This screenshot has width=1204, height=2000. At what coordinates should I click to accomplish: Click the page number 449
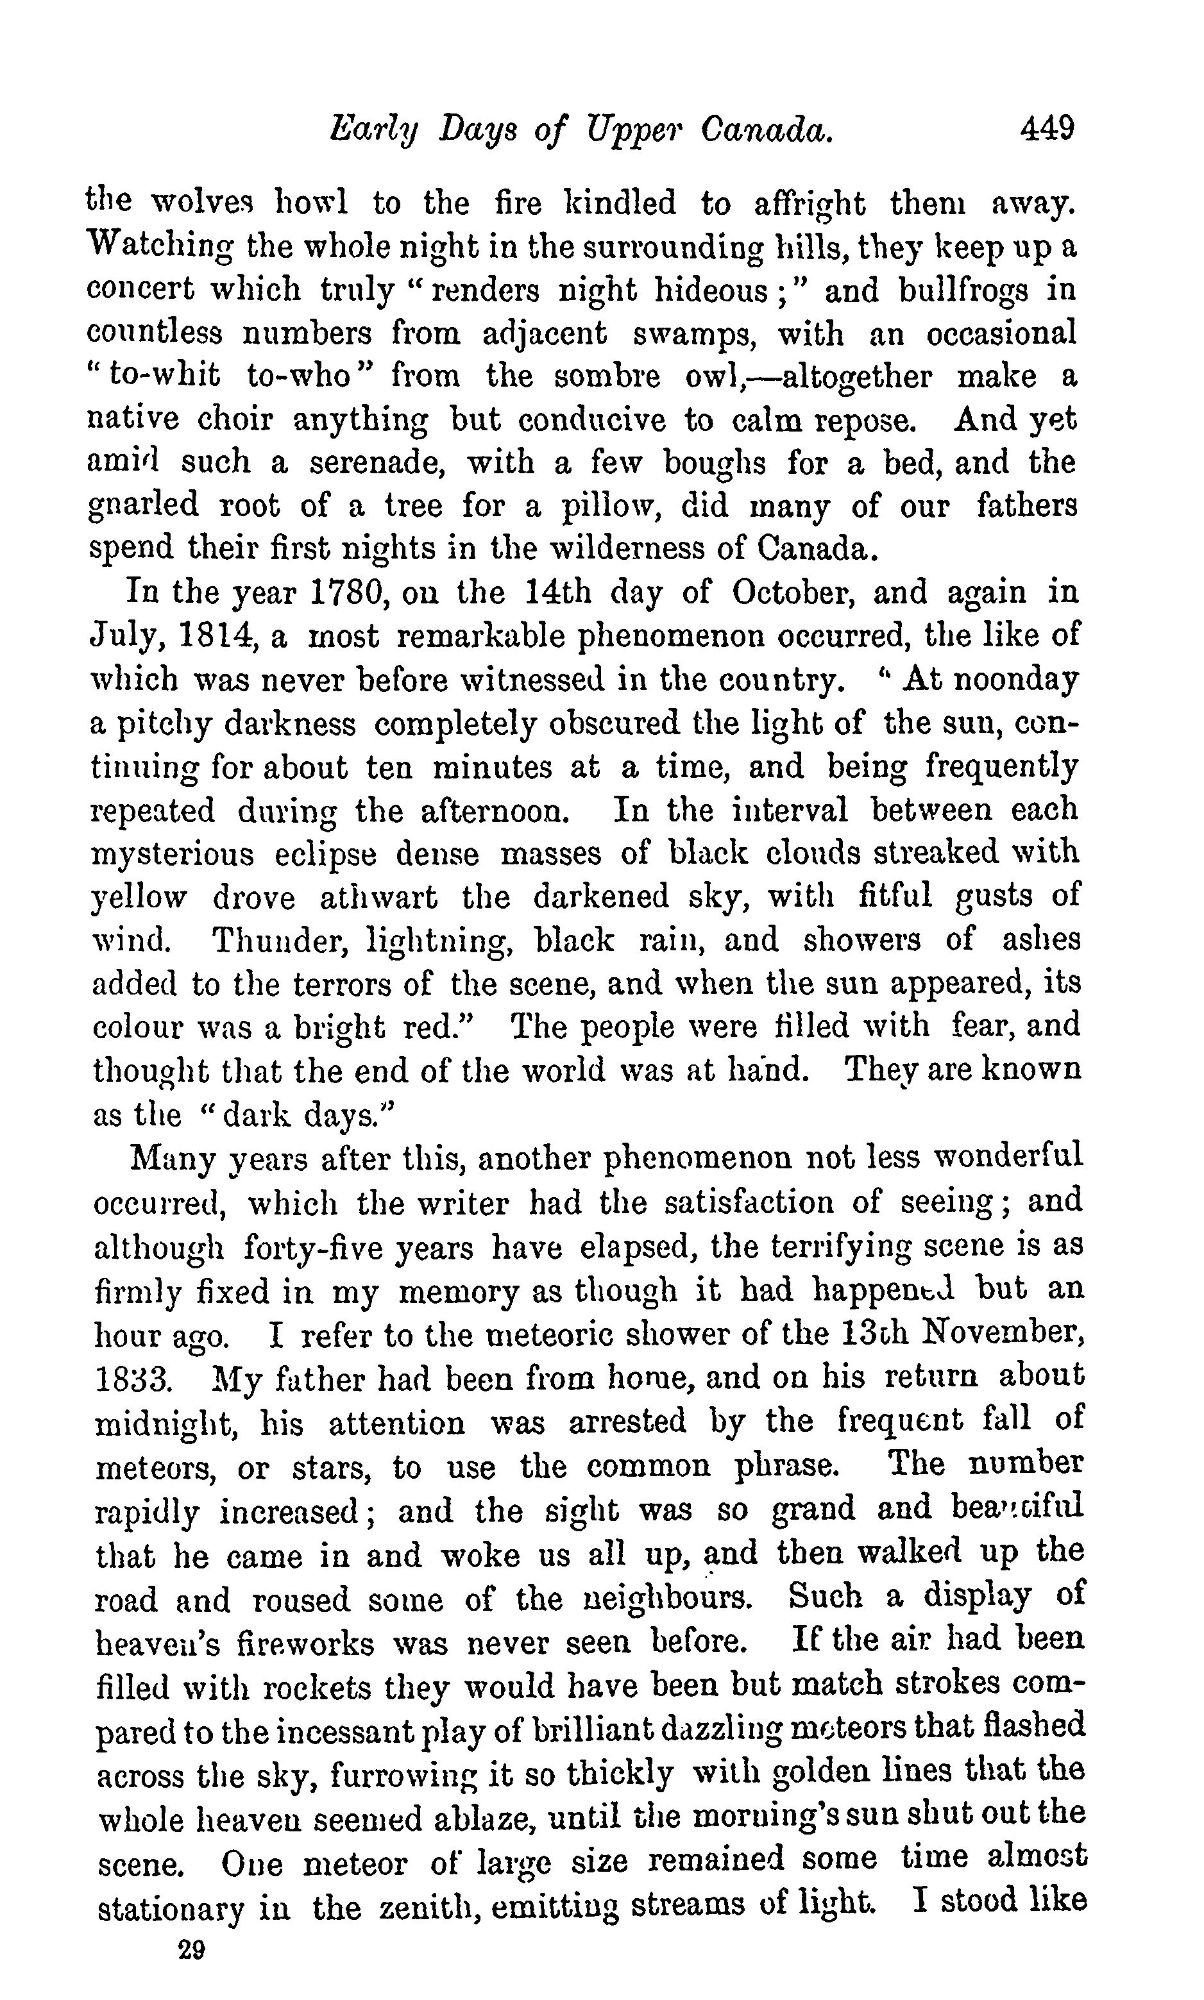(x=1047, y=128)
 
